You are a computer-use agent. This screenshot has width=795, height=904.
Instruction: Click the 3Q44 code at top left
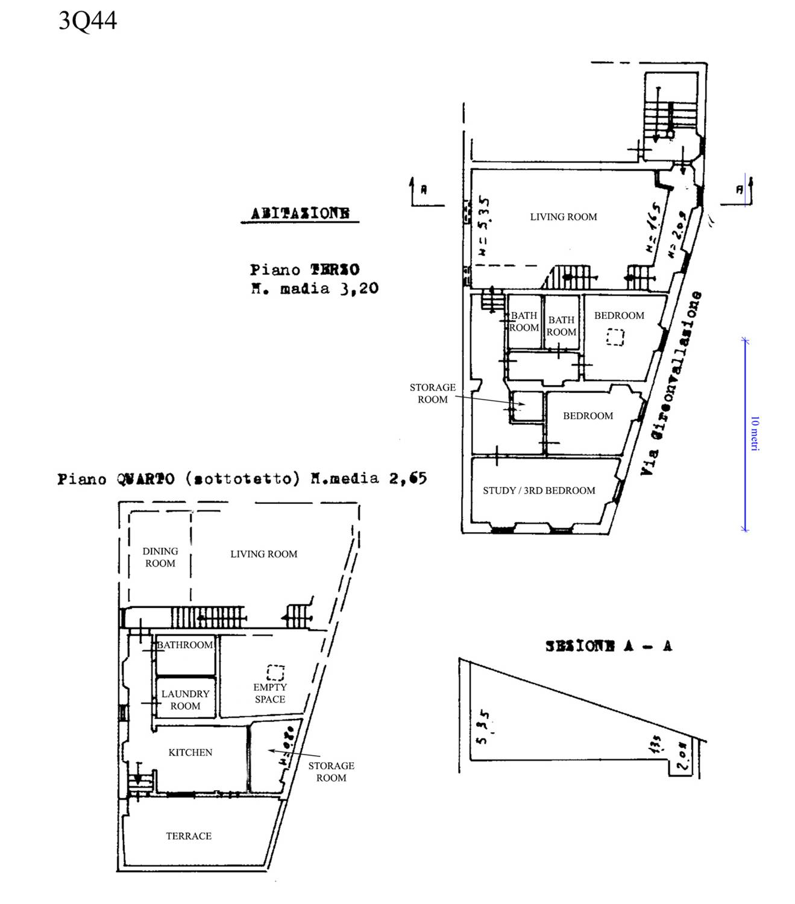(x=87, y=21)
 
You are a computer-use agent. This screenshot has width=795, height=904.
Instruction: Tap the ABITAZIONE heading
(x=300, y=213)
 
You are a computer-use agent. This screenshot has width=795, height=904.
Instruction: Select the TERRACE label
(x=189, y=836)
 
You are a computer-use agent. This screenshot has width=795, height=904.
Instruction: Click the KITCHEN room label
(x=190, y=752)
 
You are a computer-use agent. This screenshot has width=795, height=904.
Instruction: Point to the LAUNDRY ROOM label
(x=185, y=700)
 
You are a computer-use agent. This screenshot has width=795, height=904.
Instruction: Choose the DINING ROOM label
(x=160, y=557)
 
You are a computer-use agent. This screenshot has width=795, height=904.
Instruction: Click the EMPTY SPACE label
(x=269, y=693)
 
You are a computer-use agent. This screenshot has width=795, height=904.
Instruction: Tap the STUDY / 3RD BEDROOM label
(x=539, y=491)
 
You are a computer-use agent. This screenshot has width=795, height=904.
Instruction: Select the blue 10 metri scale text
(x=755, y=433)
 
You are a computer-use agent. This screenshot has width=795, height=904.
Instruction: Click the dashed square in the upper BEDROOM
(x=615, y=337)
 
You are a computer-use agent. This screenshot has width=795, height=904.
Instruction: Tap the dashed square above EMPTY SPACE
(x=275, y=673)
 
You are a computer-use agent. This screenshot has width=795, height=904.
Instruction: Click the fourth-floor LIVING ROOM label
(x=263, y=554)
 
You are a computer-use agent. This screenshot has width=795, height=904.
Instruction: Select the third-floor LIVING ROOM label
(x=564, y=217)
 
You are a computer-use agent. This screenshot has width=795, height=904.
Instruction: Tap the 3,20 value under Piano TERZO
(x=359, y=289)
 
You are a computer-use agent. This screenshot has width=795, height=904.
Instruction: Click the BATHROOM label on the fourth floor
(x=185, y=645)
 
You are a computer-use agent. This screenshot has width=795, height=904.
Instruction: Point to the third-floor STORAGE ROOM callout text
(x=433, y=393)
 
